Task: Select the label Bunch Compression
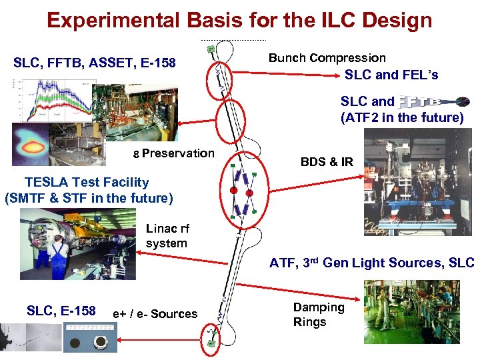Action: click(x=327, y=58)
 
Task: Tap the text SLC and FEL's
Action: click(x=391, y=75)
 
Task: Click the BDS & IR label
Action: click(x=327, y=161)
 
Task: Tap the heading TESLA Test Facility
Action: click(x=87, y=181)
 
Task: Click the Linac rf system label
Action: click(x=167, y=236)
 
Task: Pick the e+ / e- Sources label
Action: click(x=155, y=313)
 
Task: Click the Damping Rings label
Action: click(x=319, y=315)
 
